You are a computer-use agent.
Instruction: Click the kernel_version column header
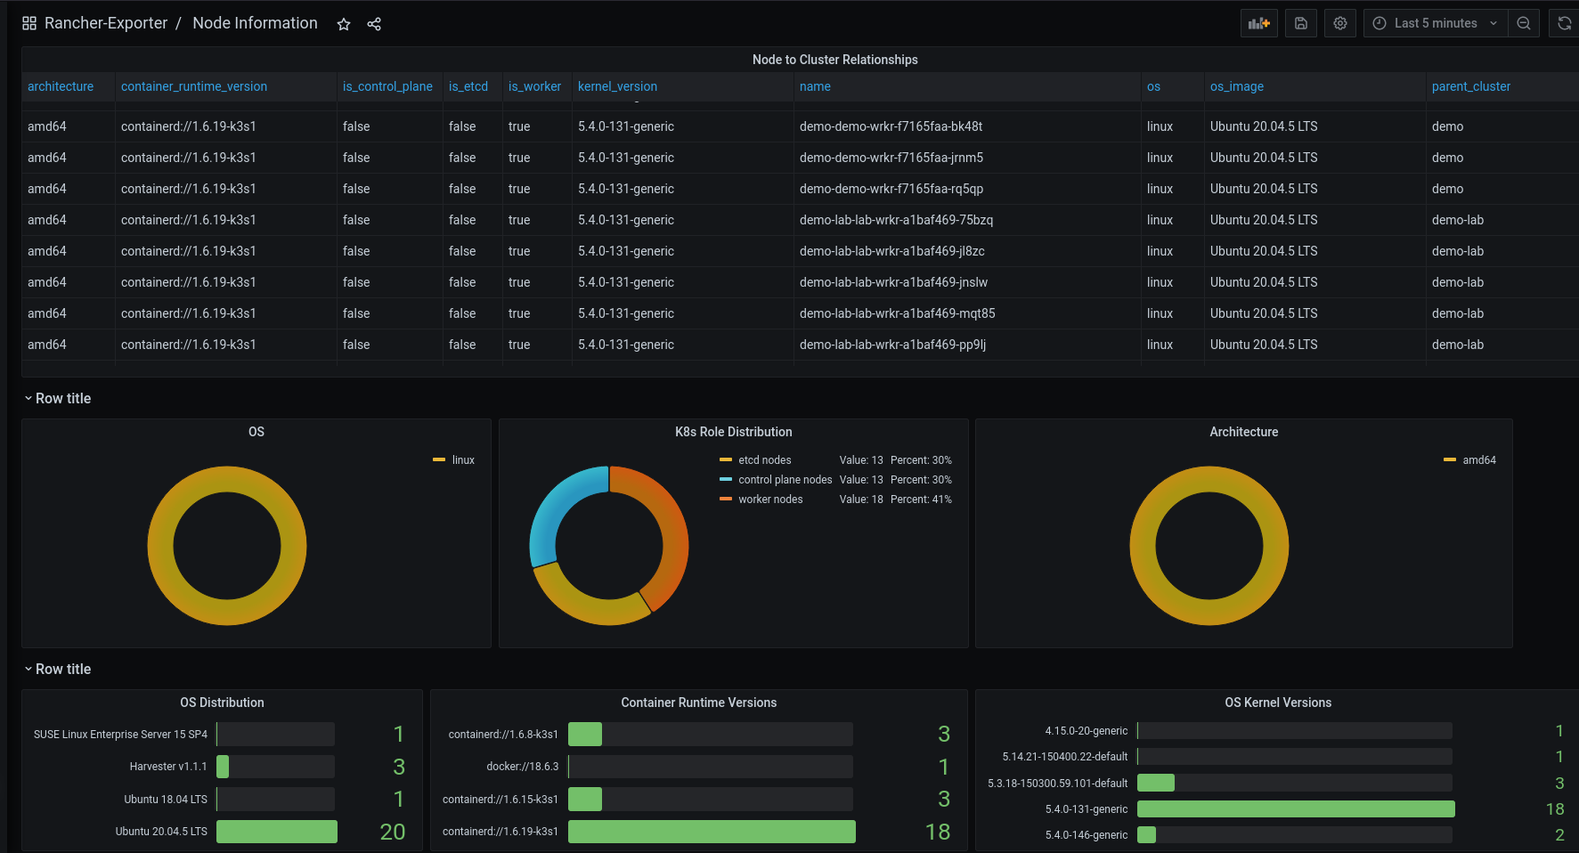[617, 86]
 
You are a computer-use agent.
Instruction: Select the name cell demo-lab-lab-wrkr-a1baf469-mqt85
[897, 313]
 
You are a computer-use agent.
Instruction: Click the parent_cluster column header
[1470, 86]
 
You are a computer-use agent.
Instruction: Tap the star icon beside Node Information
[344, 24]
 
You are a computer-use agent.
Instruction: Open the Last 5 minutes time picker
[1435, 23]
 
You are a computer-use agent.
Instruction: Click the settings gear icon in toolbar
[1339, 23]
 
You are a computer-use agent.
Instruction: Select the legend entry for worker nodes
[769, 500]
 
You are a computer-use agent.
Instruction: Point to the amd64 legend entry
[1478, 460]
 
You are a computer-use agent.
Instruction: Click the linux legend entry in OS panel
[462, 460]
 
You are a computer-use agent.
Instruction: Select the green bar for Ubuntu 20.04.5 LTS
[277, 832]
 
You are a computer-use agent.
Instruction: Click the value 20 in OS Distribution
[392, 832]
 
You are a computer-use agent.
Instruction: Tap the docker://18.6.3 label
[522, 767]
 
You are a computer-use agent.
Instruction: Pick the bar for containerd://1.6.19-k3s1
[712, 832]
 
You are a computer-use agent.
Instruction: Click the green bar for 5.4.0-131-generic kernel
[1296, 809]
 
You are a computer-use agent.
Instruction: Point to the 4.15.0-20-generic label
[1086, 731]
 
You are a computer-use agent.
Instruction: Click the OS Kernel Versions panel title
[1277, 703]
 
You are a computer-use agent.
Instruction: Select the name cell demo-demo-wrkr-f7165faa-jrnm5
[891, 158]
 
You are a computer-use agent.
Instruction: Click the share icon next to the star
[374, 24]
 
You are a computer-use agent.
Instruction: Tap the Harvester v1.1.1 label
[167, 767]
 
